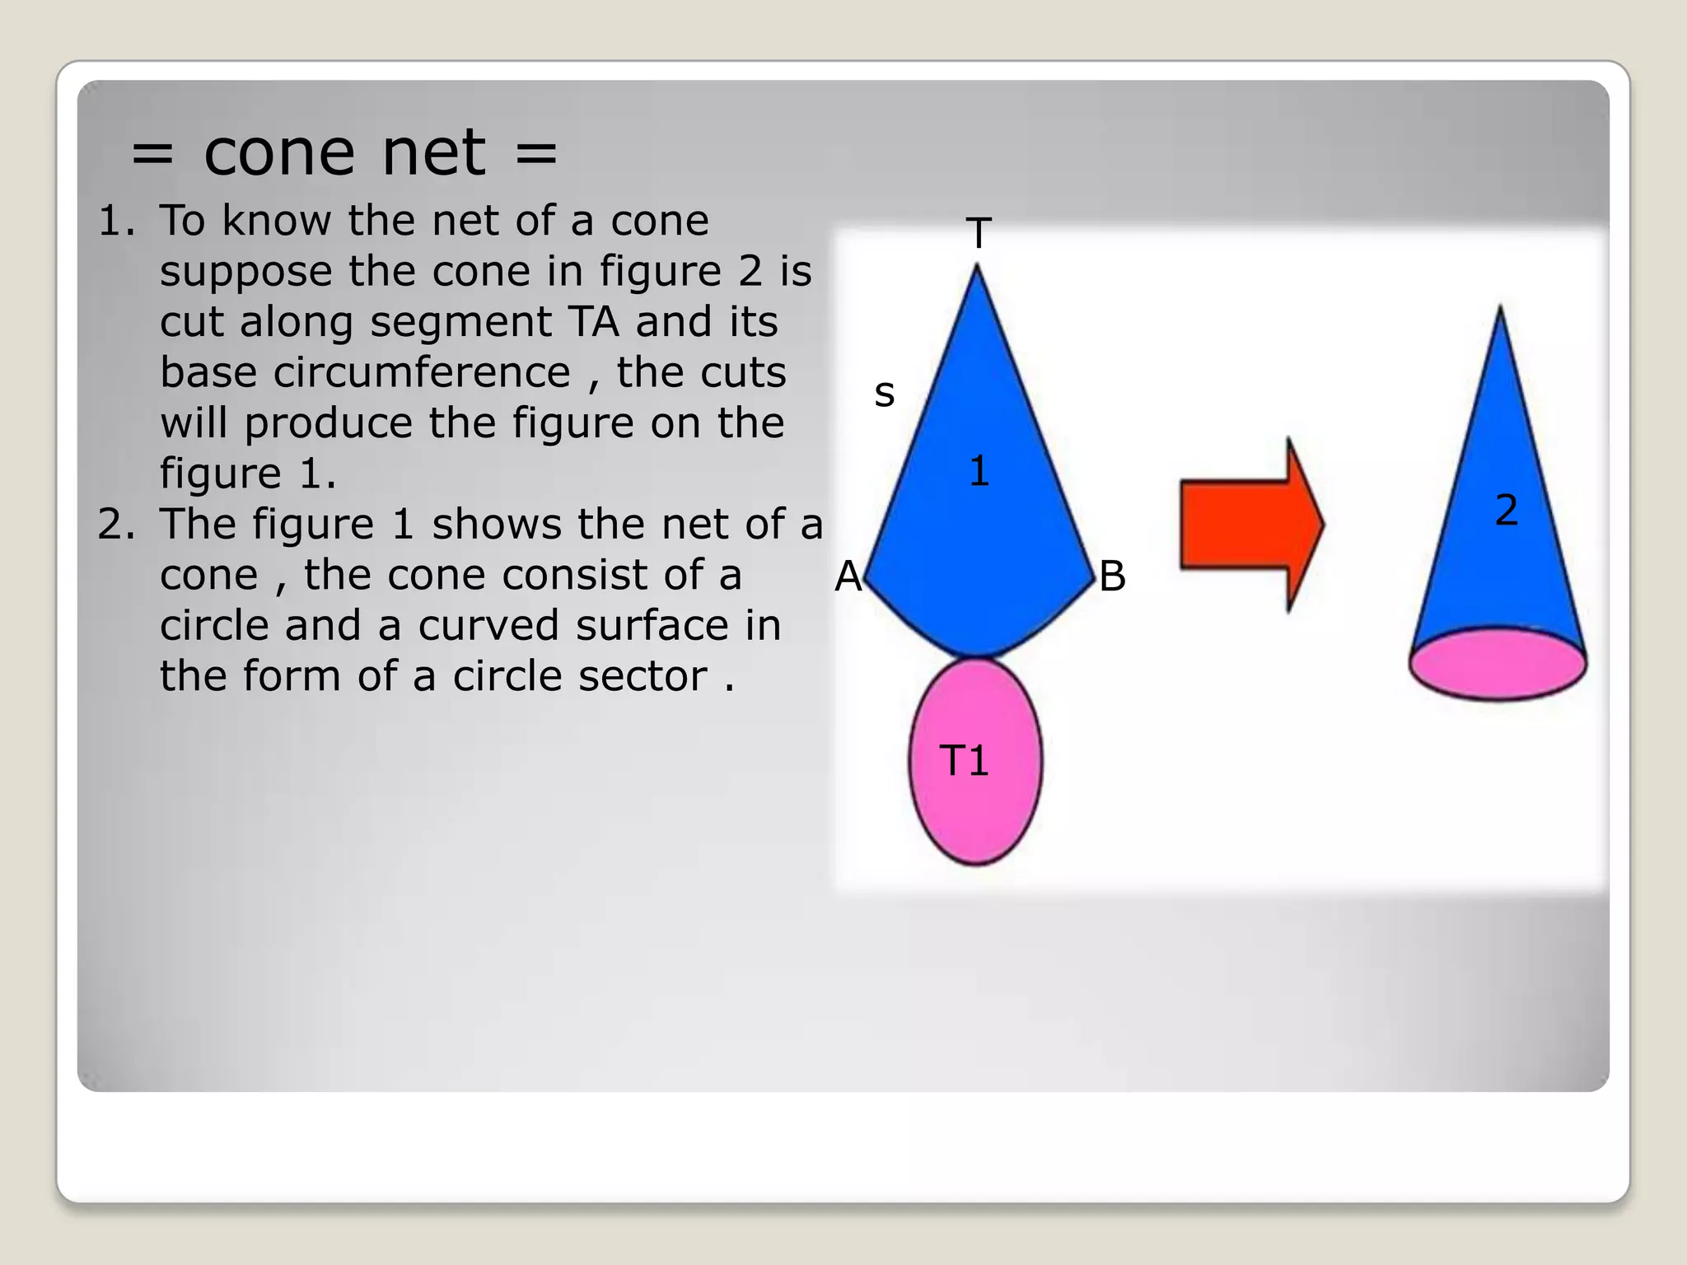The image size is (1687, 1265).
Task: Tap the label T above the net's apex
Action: pyautogui.click(x=978, y=233)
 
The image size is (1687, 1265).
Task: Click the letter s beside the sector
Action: pyautogui.click(x=884, y=394)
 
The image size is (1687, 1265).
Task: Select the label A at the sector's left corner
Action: pyautogui.click(x=848, y=576)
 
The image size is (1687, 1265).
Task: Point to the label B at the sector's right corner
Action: pyautogui.click(x=1112, y=576)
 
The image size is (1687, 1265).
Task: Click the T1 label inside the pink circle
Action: pyautogui.click(x=964, y=760)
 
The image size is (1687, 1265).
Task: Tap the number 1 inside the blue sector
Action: pyautogui.click(x=979, y=471)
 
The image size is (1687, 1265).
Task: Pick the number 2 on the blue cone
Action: pyautogui.click(x=1506, y=510)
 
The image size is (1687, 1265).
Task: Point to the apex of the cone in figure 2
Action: pyautogui.click(x=1500, y=311)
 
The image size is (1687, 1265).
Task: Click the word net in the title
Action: pyautogui.click(x=434, y=153)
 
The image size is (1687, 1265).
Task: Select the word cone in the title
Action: pyautogui.click(x=279, y=153)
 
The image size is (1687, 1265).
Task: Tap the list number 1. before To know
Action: pyautogui.click(x=116, y=221)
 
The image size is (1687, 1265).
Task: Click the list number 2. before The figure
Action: pyautogui.click(x=116, y=525)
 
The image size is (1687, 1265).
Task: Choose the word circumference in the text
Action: pyautogui.click(x=422, y=373)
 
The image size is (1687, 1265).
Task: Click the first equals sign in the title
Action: pyautogui.click(x=152, y=153)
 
